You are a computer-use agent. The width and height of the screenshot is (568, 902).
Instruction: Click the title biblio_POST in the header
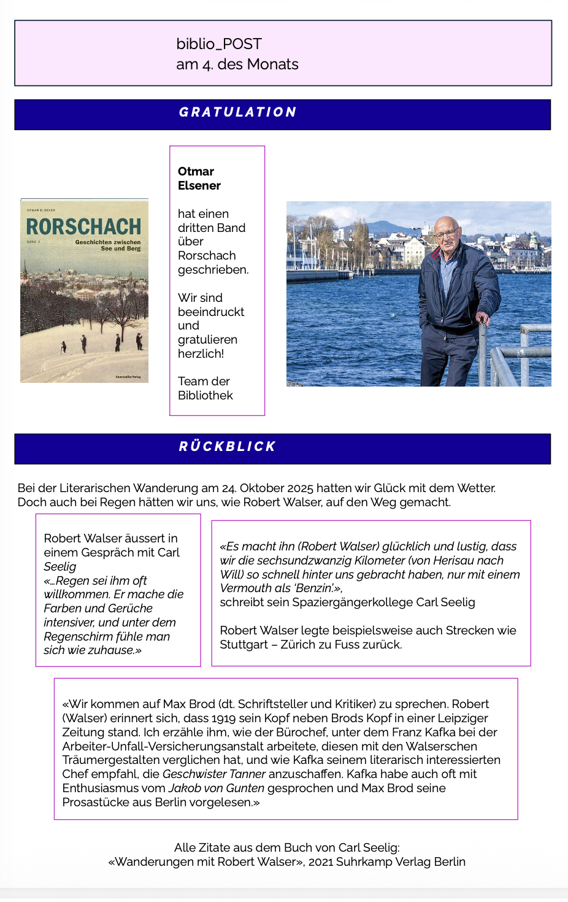tap(219, 44)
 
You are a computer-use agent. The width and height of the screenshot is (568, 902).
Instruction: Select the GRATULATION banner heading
tap(238, 112)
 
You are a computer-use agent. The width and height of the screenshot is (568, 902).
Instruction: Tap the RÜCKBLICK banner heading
tap(228, 447)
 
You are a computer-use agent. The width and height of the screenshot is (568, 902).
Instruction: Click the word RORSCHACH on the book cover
tap(83, 227)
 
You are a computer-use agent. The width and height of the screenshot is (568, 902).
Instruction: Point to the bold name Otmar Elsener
tap(199, 179)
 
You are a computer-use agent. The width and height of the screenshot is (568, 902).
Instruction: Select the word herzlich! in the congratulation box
tap(201, 353)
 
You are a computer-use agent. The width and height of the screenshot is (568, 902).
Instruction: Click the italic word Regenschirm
tap(76, 636)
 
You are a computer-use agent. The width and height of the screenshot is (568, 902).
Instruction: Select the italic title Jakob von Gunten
tap(217, 788)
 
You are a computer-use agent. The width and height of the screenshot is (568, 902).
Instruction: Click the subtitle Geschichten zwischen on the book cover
tap(108, 242)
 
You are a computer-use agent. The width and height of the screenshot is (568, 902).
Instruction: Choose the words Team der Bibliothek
tap(205, 388)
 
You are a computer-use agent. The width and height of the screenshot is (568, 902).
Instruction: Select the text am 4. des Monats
tap(237, 64)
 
